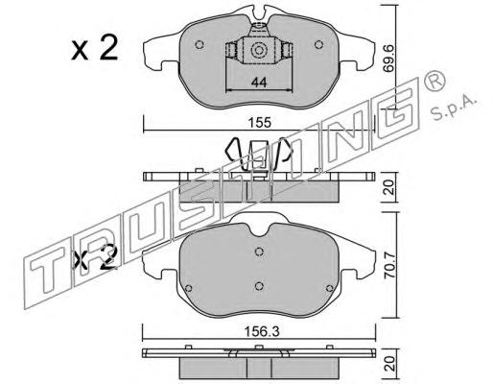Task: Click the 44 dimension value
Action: [x=259, y=83]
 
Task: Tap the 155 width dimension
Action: [x=261, y=123]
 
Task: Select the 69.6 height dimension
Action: [x=389, y=62]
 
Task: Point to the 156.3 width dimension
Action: [x=262, y=332]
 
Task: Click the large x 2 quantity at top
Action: [x=95, y=49]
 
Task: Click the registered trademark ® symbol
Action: [x=434, y=82]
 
